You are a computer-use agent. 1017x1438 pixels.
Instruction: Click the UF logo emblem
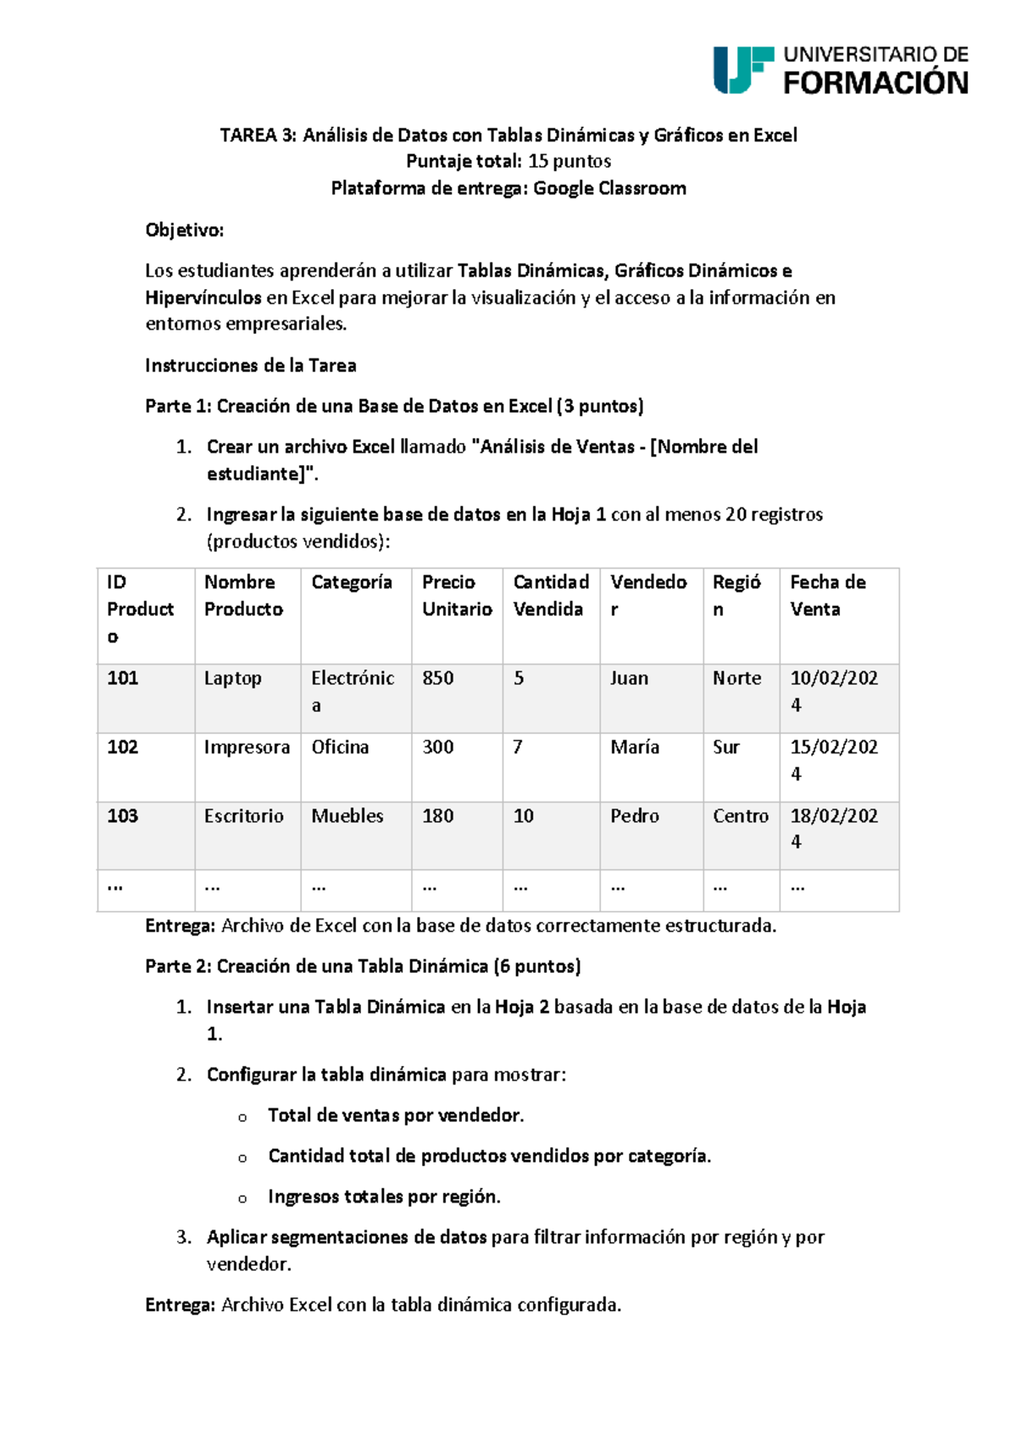pos(742,69)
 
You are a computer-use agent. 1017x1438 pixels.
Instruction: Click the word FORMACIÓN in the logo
pos(875,83)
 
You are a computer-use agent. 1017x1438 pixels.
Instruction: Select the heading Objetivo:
pos(185,230)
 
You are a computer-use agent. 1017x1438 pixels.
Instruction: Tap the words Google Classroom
pos(609,188)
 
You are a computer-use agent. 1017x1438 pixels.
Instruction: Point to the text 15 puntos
pos(569,161)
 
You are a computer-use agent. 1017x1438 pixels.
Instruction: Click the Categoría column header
pos(352,582)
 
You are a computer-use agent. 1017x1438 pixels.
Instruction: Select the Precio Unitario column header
pos(457,596)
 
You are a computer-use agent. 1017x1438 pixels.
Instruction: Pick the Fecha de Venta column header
pos(827,596)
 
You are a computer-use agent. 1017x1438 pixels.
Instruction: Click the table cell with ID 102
pos(123,747)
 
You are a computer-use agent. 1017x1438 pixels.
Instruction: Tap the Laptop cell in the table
pos(232,678)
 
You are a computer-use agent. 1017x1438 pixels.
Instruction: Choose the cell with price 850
pos(438,678)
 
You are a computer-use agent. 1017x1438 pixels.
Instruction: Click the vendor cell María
pos(634,747)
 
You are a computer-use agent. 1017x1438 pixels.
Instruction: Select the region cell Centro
pos(740,815)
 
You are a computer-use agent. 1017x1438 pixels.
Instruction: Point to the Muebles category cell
pos(347,815)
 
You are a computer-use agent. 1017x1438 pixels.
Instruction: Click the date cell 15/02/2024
pos(833,759)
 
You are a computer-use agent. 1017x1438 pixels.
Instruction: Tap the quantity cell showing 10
pos(524,815)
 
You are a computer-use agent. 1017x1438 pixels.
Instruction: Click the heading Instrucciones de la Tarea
pos(250,365)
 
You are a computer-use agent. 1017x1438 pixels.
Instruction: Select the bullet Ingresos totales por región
pos(384,1196)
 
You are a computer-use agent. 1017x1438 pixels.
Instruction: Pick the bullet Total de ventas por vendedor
pos(396,1115)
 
